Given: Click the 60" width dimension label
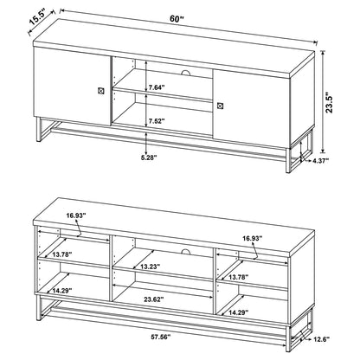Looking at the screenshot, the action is [x=177, y=19].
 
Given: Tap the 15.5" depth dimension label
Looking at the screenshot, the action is [x=36, y=20].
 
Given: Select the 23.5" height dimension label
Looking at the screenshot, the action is [x=330, y=103].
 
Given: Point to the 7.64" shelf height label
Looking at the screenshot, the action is [x=157, y=87].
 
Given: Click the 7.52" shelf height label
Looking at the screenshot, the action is [x=157, y=120].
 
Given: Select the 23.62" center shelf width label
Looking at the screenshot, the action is [x=154, y=299].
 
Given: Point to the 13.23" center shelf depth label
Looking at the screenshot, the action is [x=151, y=267].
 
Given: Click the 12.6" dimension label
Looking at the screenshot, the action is [x=321, y=339].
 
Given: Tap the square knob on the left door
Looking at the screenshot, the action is [x=100, y=90].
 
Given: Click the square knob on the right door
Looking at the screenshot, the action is [x=220, y=106].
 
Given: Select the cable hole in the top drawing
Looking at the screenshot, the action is [x=186, y=72].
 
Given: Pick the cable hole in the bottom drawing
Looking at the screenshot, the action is [x=186, y=251].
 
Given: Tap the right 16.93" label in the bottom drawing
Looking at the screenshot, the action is [x=253, y=239].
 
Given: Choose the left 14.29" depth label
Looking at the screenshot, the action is [x=62, y=291].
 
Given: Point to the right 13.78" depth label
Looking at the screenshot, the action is [x=239, y=278].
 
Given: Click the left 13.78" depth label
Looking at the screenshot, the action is [x=62, y=254].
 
